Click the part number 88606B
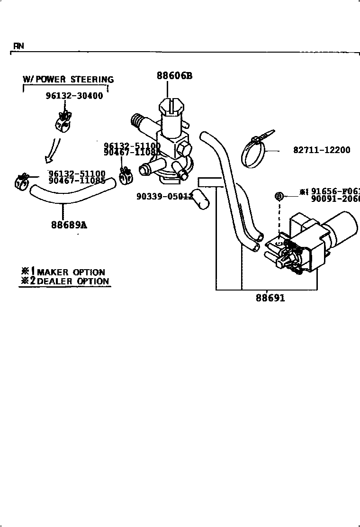[175, 75]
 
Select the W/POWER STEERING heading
[68, 79]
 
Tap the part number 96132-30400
[74, 95]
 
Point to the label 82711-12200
[322, 150]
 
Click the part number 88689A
[69, 225]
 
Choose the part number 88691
[270, 298]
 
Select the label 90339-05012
[164, 196]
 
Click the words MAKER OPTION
[71, 272]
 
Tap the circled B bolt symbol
[279, 196]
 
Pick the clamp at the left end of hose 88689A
[21, 182]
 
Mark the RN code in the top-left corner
[18, 46]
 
